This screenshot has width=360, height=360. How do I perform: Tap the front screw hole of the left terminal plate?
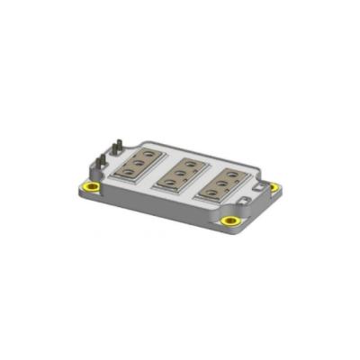point(132,171)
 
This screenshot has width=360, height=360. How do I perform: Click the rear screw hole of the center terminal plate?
point(190,162)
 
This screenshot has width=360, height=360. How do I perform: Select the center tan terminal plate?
point(184,172)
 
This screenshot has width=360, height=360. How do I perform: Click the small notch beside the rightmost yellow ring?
point(265,186)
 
